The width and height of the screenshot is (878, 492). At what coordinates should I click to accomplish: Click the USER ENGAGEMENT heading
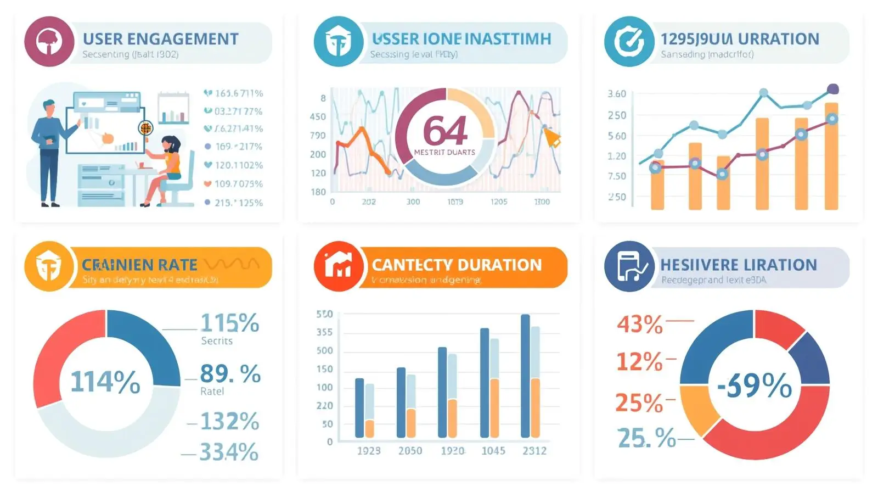coord(160,39)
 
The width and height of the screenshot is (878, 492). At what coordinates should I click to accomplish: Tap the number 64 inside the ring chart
coord(445,131)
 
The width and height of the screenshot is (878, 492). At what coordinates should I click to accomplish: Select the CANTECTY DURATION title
coord(457,265)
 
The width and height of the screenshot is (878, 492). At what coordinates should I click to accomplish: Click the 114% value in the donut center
coord(105,382)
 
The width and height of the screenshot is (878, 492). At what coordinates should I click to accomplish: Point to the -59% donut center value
coord(755,385)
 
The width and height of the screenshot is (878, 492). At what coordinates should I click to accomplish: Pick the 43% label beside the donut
coord(640,324)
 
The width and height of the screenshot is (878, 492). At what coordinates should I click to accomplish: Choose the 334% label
coord(228,452)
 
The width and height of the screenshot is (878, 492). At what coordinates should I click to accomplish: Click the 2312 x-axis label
coord(534,451)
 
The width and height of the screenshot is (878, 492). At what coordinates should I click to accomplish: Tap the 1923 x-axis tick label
coord(369,451)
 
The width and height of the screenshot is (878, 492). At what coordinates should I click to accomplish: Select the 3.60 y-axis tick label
coord(617,94)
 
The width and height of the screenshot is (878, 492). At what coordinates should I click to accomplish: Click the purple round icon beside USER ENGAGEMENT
coord(49,42)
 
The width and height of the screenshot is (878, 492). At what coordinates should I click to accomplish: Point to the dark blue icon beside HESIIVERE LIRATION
coord(629,266)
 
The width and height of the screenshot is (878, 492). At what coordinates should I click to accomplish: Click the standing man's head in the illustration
coord(49,107)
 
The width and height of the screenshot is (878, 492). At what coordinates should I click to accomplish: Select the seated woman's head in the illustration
coord(171,144)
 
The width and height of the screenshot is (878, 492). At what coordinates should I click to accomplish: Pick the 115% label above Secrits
coord(229,323)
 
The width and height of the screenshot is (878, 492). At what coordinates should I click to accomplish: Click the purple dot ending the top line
coord(832,89)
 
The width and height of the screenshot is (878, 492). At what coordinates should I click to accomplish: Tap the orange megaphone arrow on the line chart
coord(551,137)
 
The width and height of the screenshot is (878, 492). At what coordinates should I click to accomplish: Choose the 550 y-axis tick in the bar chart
coord(324,314)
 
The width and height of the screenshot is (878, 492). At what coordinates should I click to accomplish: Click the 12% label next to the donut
coord(639,362)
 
